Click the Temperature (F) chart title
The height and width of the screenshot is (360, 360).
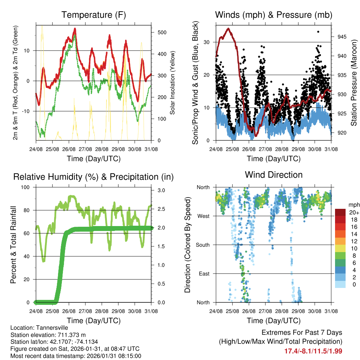pyautogui.click(x=94, y=15)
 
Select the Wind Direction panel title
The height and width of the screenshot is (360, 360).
pyautogui.click(x=274, y=175)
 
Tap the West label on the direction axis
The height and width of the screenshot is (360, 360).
pyautogui.click(x=203, y=216)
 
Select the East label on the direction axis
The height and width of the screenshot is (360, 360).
pyautogui.click(x=204, y=274)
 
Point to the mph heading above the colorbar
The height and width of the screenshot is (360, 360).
pyautogui.click(x=353, y=205)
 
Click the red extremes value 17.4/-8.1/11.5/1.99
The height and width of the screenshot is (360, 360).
pyautogui.click(x=313, y=351)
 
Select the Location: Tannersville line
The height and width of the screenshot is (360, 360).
pyautogui.click(x=39, y=328)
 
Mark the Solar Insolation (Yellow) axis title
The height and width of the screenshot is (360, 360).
pyautogui.click(x=172, y=83)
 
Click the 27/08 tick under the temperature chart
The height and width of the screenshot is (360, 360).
pyautogui.click(x=85, y=149)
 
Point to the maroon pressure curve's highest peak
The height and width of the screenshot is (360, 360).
pyautogui.click(x=228, y=28)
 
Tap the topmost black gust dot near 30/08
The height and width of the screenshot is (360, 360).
pyautogui.click(x=318, y=32)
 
